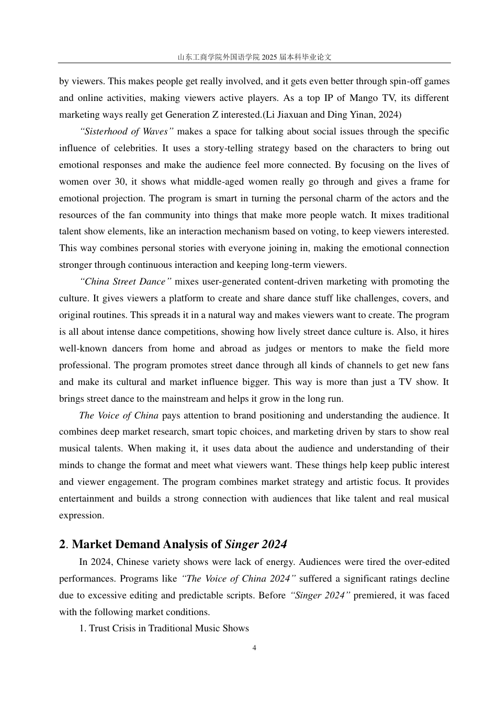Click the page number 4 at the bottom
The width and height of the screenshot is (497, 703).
point(254,648)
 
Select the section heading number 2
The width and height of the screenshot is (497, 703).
point(63,545)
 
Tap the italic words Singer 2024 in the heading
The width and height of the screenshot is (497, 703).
point(256,545)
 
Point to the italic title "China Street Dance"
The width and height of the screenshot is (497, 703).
point(125,281)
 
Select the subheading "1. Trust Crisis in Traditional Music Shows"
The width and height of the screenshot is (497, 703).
point(164,628)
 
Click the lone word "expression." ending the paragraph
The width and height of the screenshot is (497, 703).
point(82,515)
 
